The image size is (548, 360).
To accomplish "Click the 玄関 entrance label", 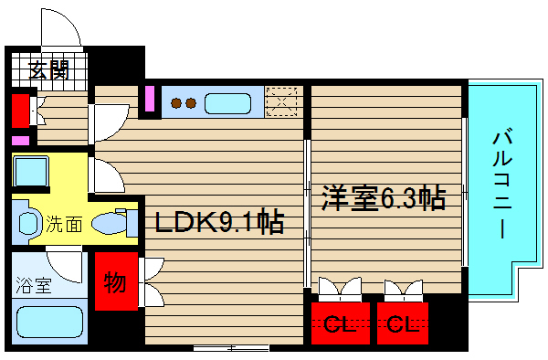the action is (48, 69).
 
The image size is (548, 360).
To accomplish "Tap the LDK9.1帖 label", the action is (217, 222).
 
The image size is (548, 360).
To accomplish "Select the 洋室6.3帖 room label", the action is (383, 198).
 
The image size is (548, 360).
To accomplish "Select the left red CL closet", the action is (337, 323).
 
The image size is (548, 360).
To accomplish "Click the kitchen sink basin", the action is (228, 102).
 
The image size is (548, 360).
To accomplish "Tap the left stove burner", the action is (177, 103).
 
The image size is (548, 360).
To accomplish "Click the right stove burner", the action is (191, 103).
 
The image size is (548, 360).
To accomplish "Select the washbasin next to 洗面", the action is (27, 222).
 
